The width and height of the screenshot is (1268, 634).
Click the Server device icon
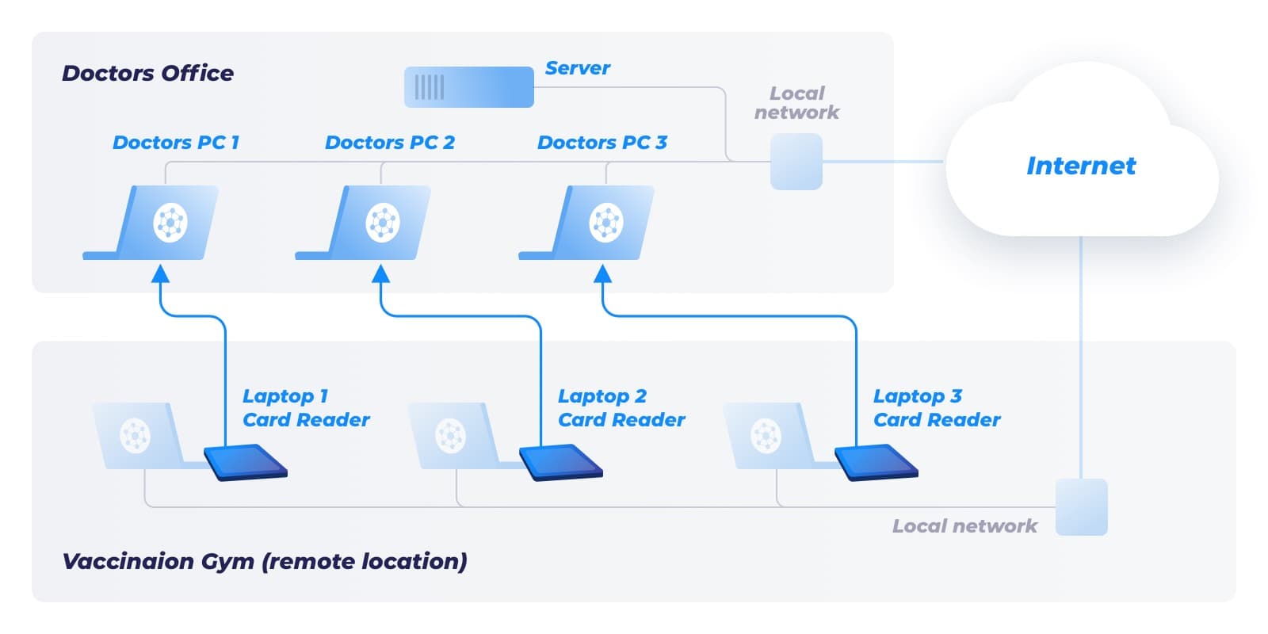click(468, 87)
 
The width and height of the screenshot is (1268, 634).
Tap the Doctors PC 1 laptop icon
click(158, 223)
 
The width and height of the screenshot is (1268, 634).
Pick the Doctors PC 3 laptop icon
click(594, 223)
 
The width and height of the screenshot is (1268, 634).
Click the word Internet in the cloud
click(1080, 166)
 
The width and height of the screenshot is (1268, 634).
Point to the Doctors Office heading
click(147, 74)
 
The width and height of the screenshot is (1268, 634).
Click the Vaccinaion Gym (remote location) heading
click(264, 562)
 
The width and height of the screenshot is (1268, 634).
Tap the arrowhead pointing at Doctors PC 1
click(161, 274)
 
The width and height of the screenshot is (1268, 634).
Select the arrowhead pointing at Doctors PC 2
click(381, 274)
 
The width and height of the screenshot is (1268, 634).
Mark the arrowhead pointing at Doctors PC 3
click(603, 274)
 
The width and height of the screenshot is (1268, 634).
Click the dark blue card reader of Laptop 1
click(246, 462)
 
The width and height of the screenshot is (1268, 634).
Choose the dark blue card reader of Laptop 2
click(561, 462)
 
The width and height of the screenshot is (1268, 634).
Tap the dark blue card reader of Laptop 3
click(876, 462)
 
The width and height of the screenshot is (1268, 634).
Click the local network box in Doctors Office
click(796, 162)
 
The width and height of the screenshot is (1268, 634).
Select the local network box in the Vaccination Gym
click(1081, 507)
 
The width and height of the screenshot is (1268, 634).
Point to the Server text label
click(578, 69)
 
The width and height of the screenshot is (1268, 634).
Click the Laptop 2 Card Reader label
click(621, 408)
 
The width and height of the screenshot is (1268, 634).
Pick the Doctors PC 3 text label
click(602, 143)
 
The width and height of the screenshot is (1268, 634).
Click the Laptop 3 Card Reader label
click(937, 408)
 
